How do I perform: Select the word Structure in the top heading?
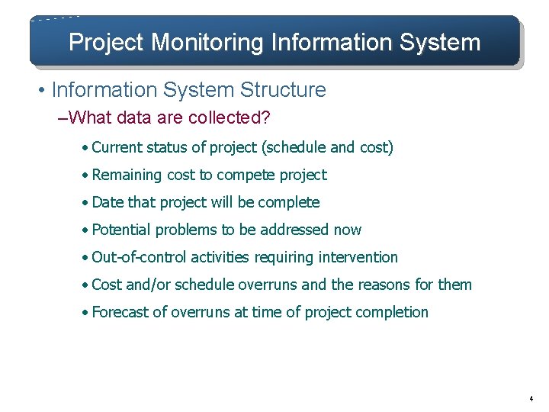tap(283, 90)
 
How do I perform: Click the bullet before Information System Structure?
tap(41, 91)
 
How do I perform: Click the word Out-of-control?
tap(139, 257)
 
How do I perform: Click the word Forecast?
tap(121, 312)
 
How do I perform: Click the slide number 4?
tap(530, 399)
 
